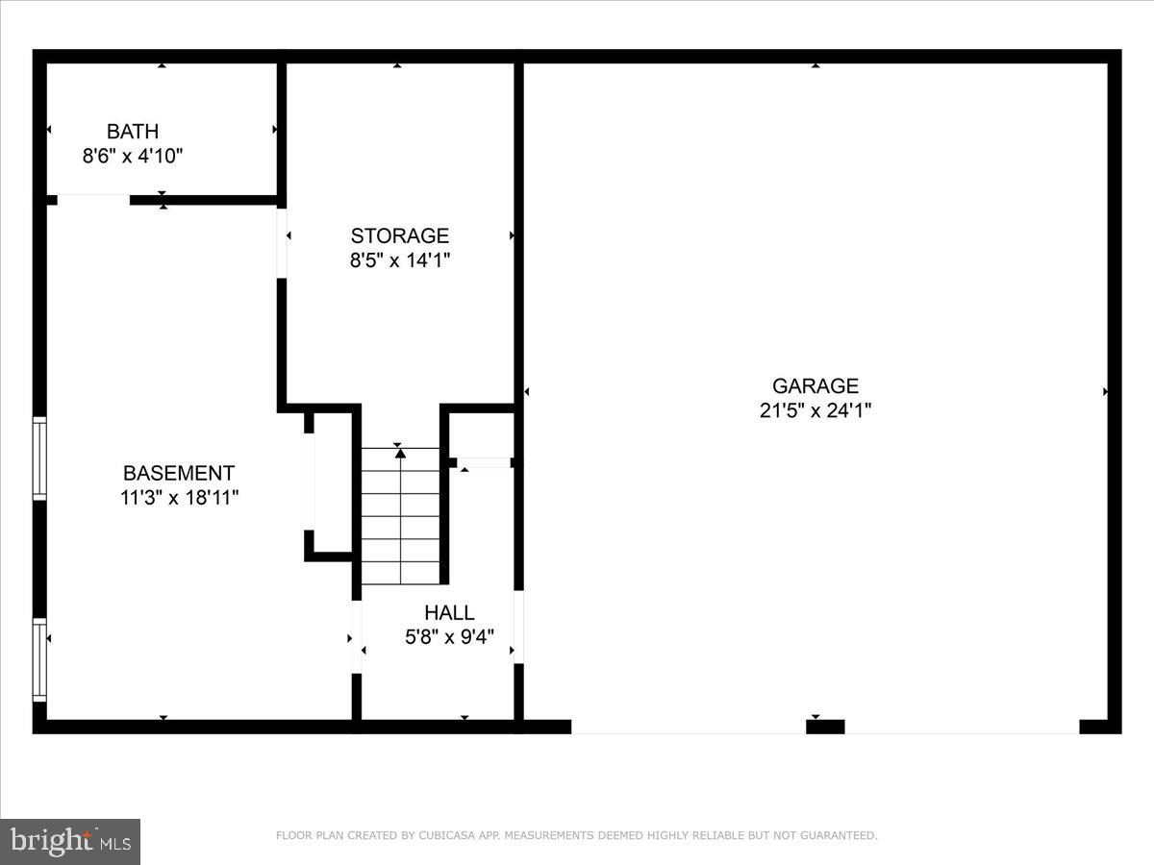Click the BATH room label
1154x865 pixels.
point(133,132)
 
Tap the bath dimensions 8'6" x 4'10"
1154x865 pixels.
point(133,156)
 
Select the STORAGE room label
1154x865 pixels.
point(399,235)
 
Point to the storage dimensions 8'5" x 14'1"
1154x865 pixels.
point(399,259)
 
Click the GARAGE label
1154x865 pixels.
point(815,386)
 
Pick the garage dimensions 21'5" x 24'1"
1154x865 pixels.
point(815,410)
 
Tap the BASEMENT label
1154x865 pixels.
point(179,473)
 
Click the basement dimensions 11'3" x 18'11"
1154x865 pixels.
point(179,497)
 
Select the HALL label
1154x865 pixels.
point(449,613)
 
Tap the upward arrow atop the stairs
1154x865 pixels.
point(400,453)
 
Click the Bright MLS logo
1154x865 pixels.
point(70,842)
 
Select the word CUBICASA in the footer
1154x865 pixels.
point(444,836)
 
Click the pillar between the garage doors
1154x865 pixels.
point(824,727)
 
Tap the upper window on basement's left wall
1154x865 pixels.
point(39,458)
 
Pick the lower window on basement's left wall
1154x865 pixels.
point(39,659)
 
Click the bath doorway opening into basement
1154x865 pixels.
point(93,200)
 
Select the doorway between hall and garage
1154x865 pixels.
point(518,627)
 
